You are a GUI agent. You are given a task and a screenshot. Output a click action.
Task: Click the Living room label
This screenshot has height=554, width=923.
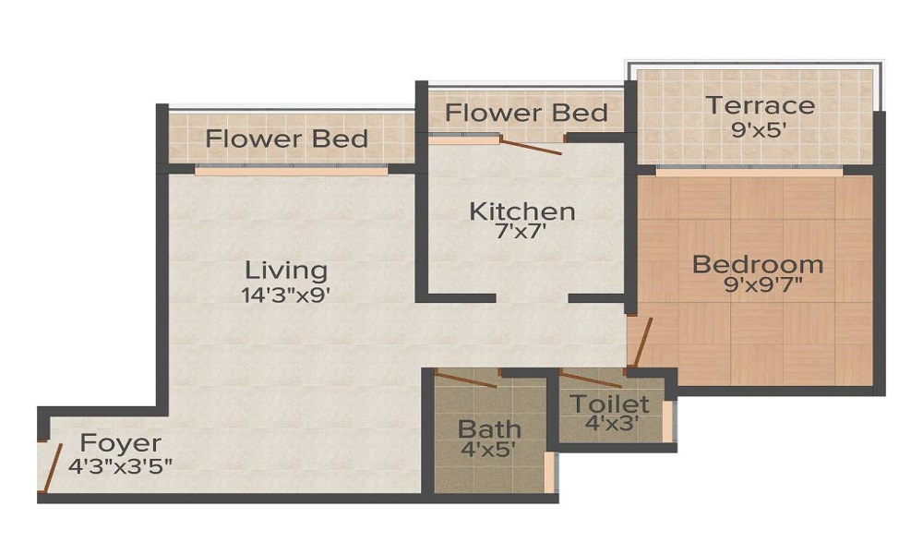click(x=286, y=271)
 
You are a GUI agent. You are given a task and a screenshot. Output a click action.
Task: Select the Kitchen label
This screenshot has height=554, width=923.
click(x=522, y=211)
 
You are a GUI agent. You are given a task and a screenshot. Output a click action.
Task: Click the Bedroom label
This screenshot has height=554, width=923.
click(x=758, y=264)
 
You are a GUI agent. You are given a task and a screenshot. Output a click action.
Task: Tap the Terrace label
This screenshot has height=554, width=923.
click(x=761, y=105)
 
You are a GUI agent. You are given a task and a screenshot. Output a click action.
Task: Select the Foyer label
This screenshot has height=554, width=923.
click(x=120, y=442)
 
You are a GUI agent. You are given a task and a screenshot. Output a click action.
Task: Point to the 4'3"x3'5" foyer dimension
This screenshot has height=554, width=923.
click(x=118, y=464)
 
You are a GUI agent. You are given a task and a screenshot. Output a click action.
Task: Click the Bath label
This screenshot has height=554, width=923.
click(x=489, y=428)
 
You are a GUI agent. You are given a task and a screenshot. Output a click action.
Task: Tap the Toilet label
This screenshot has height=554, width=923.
click(x=609, y=403)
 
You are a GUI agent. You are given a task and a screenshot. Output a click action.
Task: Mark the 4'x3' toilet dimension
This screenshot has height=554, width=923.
click(x=608, y=424)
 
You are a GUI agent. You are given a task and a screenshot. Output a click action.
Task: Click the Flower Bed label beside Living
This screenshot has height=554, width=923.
click(x=287, y=139)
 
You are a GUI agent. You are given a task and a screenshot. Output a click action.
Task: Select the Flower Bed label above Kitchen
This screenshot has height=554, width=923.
click(x=526, y=114)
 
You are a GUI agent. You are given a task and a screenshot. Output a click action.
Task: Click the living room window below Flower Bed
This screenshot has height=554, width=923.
click(x=291, y=171)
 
